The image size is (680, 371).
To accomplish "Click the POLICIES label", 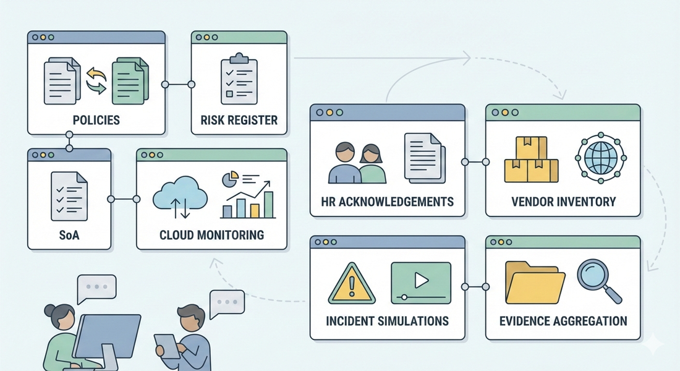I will pyautogui.click(x=96, y=119).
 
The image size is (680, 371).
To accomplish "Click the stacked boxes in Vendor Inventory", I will pyautogui.click(x=531, y=160).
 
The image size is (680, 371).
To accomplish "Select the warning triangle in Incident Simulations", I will pyautogui.click(x=351, y=284).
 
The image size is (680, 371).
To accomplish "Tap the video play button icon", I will pyautogui.click(x=420, y=280).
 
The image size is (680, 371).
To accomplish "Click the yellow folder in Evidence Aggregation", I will pyautogui.click(x=535, y=282).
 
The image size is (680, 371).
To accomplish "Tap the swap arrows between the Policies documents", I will pyautogui.click(x=96, y=81).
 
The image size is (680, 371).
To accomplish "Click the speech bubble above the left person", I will pyautogui.click(x=96, y=288).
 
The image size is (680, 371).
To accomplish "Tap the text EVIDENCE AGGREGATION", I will pyautogui.click(x=563, y=321).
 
